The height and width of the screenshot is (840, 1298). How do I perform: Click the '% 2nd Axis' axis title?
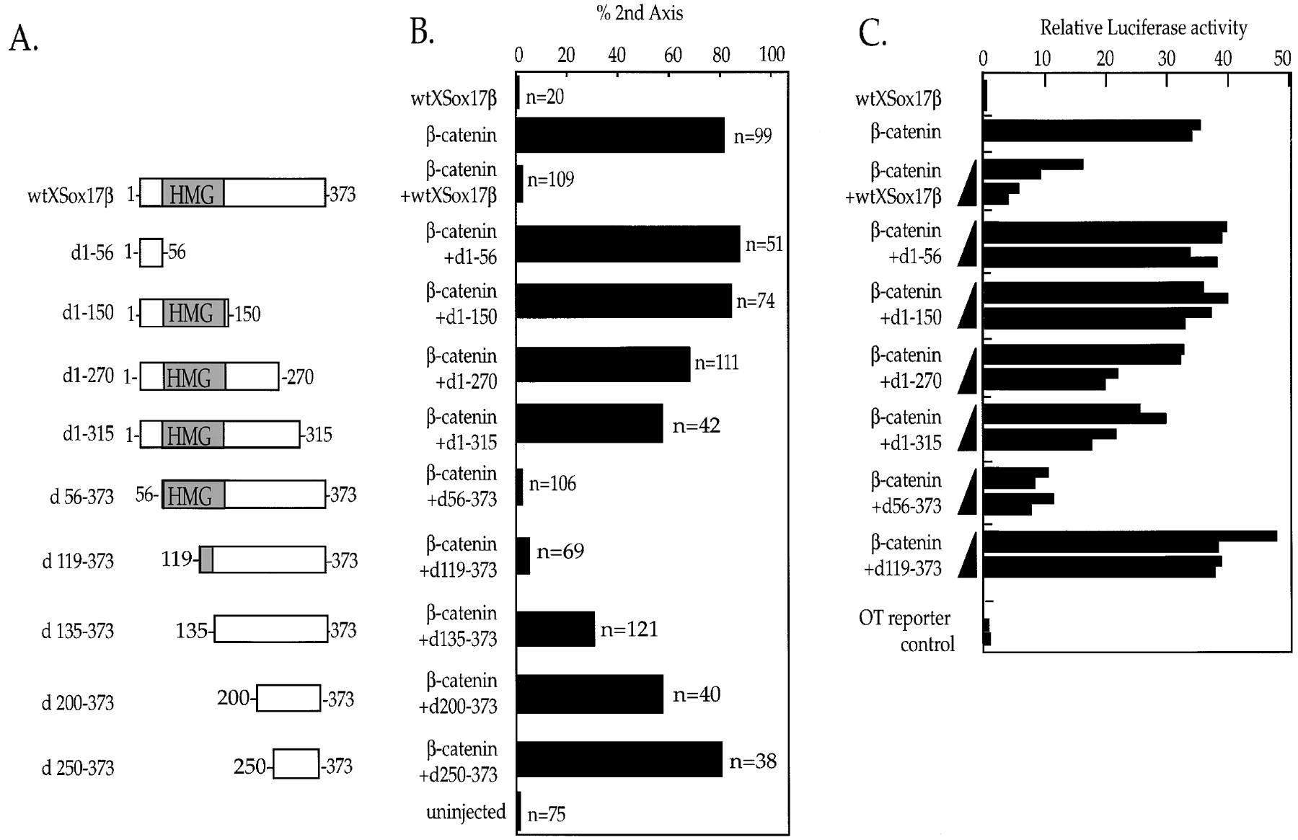pos(640,12)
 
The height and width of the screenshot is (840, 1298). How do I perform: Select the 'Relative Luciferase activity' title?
pos(1143,28)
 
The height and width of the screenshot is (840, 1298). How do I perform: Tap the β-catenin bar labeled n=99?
pos(620,135)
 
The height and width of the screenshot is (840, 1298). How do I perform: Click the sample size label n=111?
pos(716,362)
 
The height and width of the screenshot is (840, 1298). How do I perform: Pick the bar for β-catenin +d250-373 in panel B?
pos(619,759)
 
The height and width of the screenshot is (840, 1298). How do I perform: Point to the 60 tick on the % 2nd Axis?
pos(672,55)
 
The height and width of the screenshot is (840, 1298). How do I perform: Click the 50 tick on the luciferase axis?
pos(1281,58)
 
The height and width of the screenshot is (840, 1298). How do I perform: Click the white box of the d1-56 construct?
pos(151,252)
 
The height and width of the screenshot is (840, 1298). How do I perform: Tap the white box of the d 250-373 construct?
pos(296,764)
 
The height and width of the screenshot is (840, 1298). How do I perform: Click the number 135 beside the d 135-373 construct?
pos(191,630)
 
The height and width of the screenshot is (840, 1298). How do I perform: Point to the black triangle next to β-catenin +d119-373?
pos(968,555)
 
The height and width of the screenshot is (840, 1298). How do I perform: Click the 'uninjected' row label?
pos(466,813)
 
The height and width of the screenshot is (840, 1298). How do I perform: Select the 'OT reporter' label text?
pos(904,618)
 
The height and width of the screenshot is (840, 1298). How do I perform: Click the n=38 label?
pos(752,761)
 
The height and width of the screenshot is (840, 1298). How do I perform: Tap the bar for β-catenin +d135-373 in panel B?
pos(555,629)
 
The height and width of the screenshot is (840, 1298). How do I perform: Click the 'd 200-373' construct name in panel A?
pos(77,702)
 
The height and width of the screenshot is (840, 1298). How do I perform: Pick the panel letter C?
pos(872,32)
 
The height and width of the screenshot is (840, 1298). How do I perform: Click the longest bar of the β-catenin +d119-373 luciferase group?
pos(1129,536)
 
